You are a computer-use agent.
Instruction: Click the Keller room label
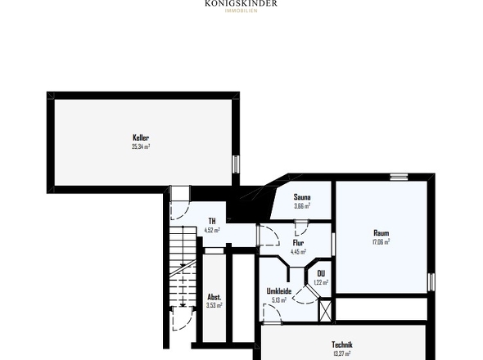click(x=141, y=137)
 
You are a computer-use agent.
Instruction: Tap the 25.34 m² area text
click(x=141, y=146)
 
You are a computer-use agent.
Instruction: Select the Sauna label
click(x=302, y=196)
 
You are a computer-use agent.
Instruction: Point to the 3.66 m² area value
click(x=302, y=205)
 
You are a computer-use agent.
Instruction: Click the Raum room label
click(x=381, y=232)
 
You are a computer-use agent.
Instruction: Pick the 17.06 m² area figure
click(x=381, y=241)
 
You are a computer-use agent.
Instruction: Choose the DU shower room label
click(x=321, y=273)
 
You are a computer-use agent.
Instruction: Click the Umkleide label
click(x=279, y=290)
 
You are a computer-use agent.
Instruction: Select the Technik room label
click(x=343, y=344)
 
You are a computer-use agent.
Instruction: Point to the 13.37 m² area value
click(x=342, y=353)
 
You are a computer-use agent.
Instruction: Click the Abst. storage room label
click(x=214, y=296)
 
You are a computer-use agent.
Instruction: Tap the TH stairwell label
click(x=211, y=221)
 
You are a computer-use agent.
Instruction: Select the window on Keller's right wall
click(x=235, y=163)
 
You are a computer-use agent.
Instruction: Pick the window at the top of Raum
click(x=399, y=176)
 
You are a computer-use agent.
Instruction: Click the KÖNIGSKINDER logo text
click(x=241, y=3)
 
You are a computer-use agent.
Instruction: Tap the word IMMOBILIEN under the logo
click(x=241, y=11)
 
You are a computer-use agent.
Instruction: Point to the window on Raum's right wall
click(x=429, y=281)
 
